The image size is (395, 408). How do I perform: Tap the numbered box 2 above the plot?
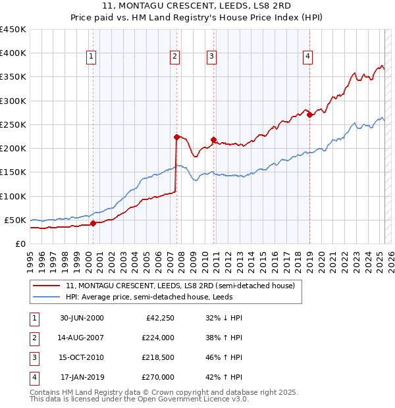174,57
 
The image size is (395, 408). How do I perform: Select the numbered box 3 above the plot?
211,57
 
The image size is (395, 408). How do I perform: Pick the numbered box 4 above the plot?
307,57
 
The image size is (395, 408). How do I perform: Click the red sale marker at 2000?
93,223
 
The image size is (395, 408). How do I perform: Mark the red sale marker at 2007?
176,137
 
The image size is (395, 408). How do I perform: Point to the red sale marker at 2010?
213,140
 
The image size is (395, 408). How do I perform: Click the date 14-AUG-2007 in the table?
82,338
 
